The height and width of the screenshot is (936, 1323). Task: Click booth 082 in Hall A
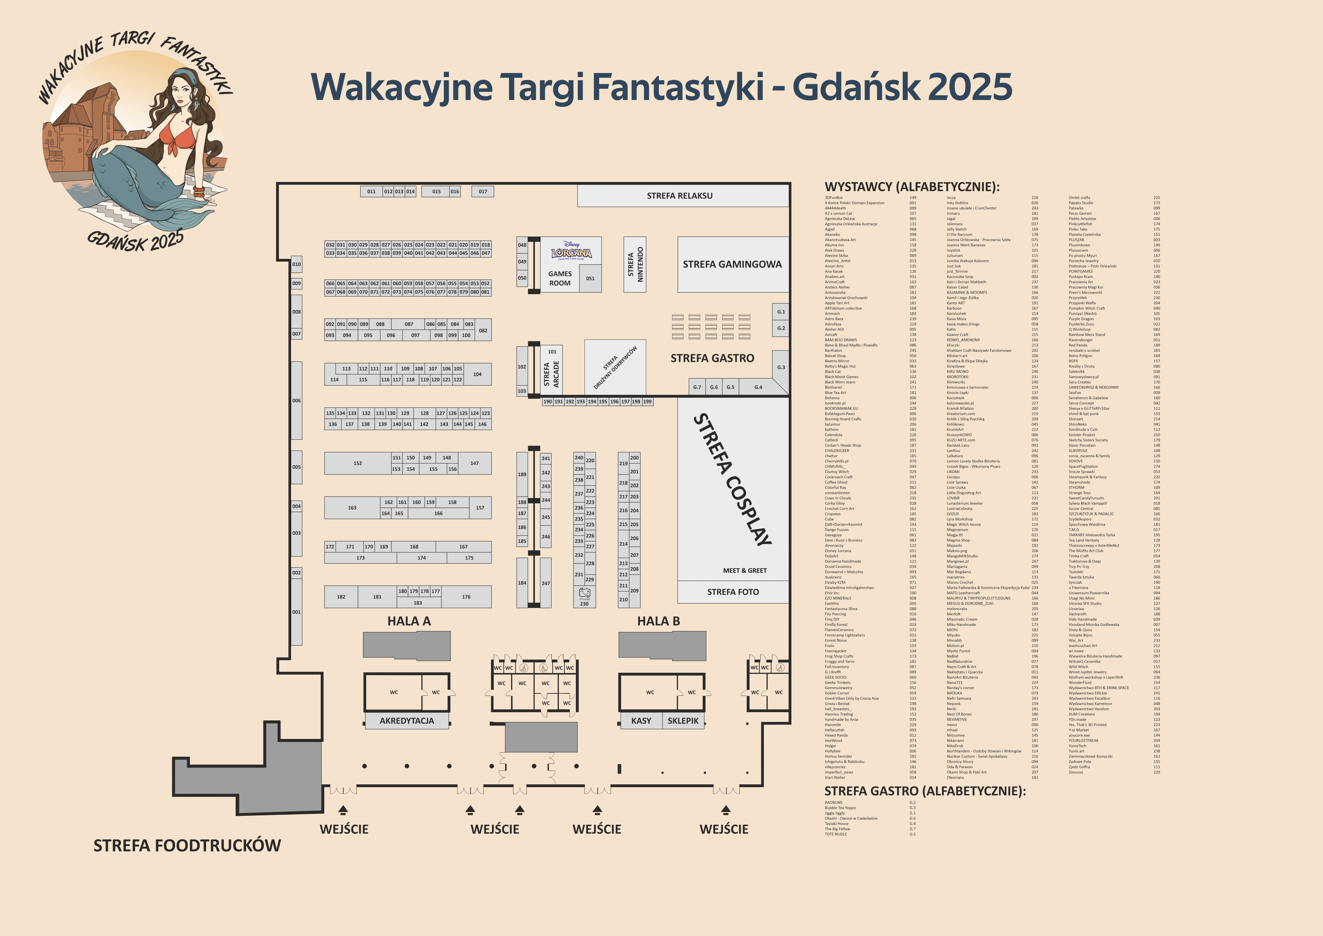click(x=483, y=330)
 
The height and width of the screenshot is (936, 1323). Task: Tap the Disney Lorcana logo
click(x=571, y=251)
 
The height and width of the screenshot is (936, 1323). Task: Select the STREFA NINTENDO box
click(x=635, y=264)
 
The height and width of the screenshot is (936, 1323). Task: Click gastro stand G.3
click(x=781, y=367)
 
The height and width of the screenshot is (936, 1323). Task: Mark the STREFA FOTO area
click(x=733, y=592)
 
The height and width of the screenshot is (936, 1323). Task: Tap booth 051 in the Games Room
click(x=590, y=278)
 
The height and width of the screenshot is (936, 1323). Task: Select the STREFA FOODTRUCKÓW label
click(x=187, y=845)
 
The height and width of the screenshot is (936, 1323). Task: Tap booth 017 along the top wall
click(x=483, y=191)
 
